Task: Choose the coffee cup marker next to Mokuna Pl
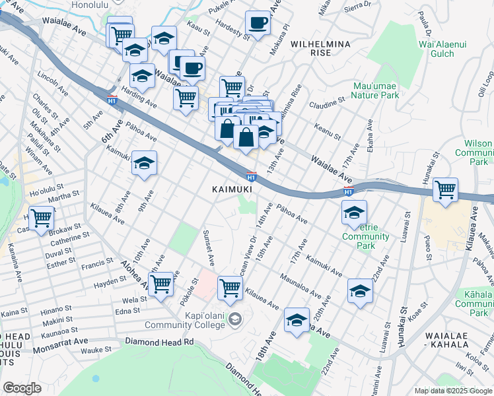(x=258, y=23)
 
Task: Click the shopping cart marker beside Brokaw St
(x=42, y=217)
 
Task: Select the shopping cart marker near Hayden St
(x=161, y=285)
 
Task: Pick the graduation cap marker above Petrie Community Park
(x=354, y=213)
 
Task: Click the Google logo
(x=22, y=387)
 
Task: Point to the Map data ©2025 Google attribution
(x=452, y=390)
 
